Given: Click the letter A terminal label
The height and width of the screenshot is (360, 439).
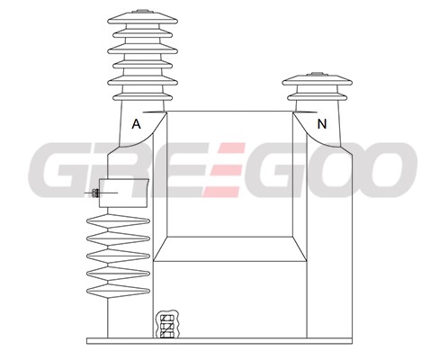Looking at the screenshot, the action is tap(136, 124).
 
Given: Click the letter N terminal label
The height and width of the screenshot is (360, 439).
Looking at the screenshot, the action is tap(322, 124).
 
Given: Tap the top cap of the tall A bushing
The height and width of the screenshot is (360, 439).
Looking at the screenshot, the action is tap(142, 17).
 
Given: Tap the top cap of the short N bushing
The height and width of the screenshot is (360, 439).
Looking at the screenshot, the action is tap(317, 79).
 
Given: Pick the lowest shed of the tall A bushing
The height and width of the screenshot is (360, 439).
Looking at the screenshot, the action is tap(143, 96).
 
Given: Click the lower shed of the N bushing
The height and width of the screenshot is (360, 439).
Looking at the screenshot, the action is tap(318, 96).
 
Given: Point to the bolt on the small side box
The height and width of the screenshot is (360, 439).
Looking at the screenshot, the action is tap(95, 193).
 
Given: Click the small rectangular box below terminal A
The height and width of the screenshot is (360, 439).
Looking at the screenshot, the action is tap(123, 193).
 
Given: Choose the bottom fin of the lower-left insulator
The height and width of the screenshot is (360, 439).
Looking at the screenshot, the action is tap(118, 291).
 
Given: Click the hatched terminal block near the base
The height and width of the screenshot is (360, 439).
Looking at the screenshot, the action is tap(167, 325).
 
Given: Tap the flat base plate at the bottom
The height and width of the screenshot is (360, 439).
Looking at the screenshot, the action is tap(219, 341).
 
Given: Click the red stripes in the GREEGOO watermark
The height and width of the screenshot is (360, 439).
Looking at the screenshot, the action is tap(224, 170).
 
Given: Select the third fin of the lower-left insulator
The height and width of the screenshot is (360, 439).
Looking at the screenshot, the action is tap(118, 256).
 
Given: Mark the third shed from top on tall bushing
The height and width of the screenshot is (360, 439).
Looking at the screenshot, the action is tap(142, 49).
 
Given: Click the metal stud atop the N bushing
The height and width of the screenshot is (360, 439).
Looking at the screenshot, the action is tap(317, 74).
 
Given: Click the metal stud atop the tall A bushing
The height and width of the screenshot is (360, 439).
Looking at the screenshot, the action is tap(142, 12).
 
